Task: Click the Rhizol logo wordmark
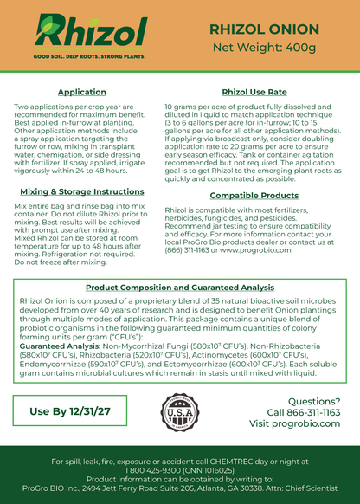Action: [90, 34]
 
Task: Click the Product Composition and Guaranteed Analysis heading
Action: [180, 286]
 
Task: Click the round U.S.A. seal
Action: [180, 411]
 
